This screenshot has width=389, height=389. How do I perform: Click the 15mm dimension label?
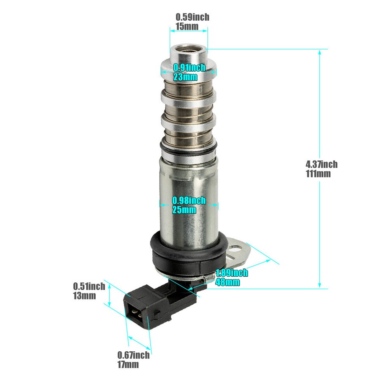click(x=187, y=26)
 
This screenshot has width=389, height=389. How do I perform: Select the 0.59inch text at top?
click(x=192, y=17)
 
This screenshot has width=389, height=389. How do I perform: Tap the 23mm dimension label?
click(x=186, y=77)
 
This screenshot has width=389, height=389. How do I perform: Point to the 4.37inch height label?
click(x=321, y=164)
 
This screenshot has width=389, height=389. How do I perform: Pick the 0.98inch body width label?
click(x=189, y=200)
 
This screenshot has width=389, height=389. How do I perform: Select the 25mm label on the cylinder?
click(x=184, y=209)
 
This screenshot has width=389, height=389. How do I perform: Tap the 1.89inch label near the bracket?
click(x=231, y=273)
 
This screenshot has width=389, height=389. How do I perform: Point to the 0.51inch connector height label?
click(x=89, y=286)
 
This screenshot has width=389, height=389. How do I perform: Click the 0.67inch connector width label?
click(x=133, y=355)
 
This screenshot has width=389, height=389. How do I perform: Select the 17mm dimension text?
click(x=128, y=364)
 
